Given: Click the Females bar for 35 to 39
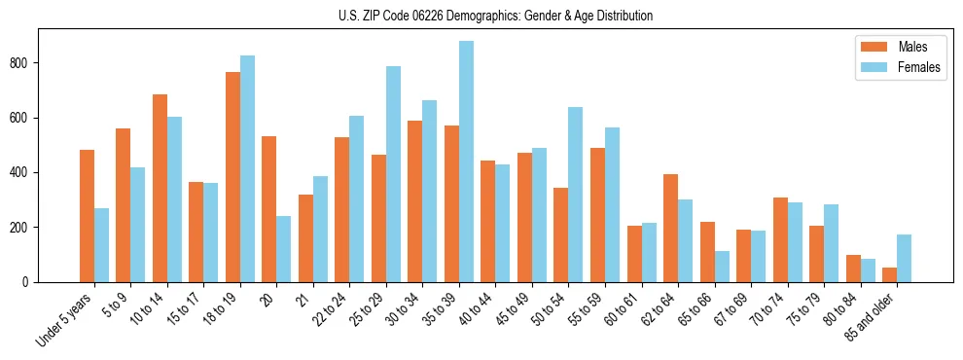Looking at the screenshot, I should [467, 162].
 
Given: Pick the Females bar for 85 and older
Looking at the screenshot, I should [905, 258].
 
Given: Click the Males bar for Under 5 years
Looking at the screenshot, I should [87, 216].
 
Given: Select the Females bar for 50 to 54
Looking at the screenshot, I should [576, 195].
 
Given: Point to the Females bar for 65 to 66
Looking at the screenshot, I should [722, 267].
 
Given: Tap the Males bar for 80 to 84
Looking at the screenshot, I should [853, 269].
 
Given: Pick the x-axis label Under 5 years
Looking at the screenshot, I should [65, 320].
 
